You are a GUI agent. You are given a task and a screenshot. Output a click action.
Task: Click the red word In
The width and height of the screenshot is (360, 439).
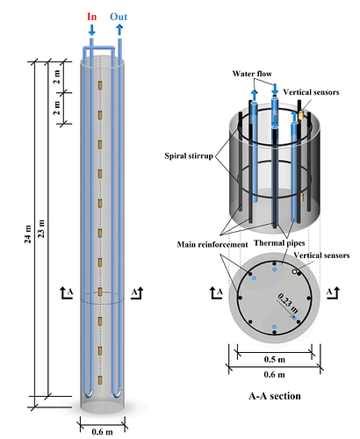(91, 17)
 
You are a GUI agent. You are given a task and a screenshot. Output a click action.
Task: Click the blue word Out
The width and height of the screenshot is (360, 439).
(119, 17)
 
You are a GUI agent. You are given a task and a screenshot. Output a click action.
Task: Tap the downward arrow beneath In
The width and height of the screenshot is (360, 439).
(92, 30)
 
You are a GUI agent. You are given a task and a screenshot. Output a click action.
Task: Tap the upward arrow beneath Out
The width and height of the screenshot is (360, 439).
(119, 30)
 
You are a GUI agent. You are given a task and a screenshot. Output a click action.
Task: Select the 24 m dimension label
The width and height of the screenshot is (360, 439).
(28, 234)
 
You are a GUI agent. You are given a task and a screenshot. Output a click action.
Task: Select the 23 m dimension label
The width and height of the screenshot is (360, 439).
(42, 228)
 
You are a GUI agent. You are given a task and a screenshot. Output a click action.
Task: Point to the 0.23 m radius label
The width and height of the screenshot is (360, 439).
(288, 303)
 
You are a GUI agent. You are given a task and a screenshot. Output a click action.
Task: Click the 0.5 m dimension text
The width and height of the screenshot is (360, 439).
(275, 359)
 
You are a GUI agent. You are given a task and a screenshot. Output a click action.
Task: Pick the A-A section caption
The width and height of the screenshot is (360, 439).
(275, 396)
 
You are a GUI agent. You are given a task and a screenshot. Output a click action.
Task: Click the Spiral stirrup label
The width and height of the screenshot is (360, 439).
(189, 155)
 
